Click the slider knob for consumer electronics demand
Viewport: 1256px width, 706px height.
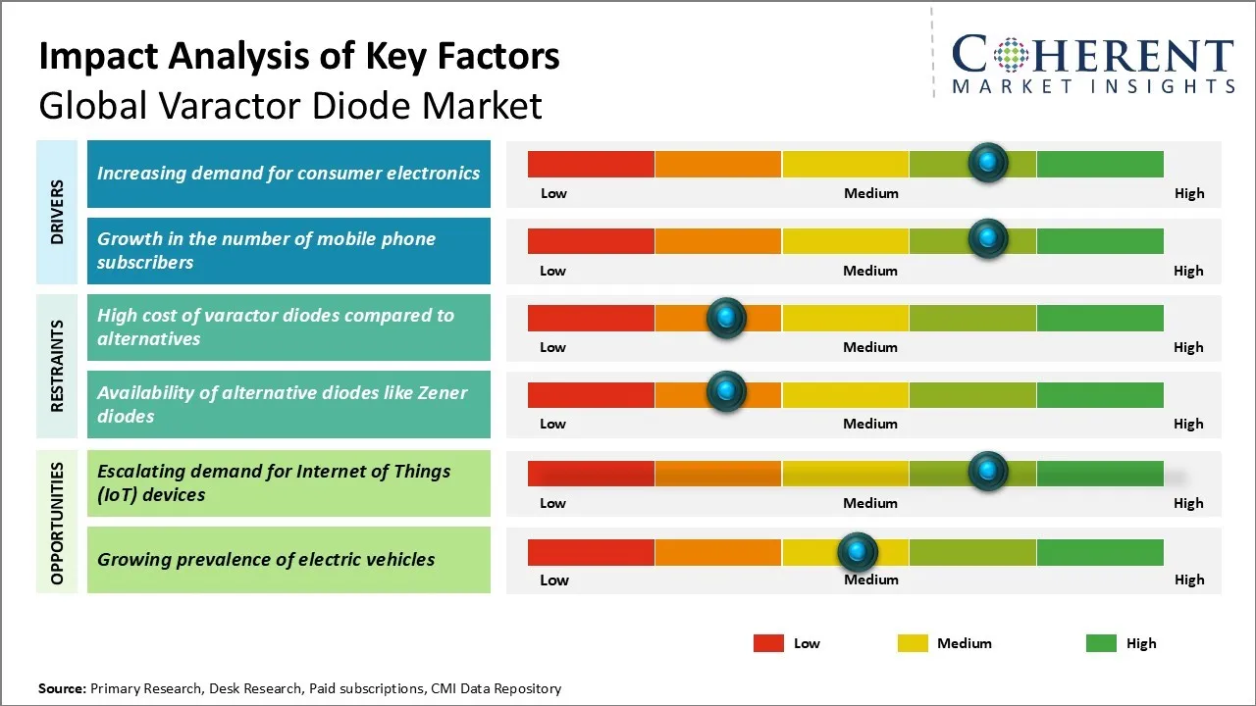[988, 162]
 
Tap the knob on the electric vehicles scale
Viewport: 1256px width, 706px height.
[858, 553]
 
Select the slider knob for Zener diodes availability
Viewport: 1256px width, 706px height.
[726, 391]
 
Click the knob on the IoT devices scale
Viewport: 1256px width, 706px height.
[988, 471]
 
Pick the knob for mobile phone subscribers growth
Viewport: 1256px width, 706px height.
[988, 238]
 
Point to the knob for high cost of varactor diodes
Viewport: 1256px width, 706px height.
[726, 317]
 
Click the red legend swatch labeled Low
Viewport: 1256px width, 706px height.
[768, 643]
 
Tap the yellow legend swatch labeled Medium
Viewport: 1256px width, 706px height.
[913, 643]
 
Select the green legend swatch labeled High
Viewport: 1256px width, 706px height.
[1101, 643]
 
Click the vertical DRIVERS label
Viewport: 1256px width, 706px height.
[58, 212]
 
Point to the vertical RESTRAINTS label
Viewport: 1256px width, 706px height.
[58, 366]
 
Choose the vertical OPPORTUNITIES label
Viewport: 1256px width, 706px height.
[58, 523]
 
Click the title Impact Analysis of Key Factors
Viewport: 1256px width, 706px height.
[299, 56]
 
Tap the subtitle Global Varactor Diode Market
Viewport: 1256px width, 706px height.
[290, 105]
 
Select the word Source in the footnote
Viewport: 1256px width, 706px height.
[61, 689]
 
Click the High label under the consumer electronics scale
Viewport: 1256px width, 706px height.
[1189, 193]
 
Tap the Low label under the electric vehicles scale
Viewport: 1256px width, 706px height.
[553, 580]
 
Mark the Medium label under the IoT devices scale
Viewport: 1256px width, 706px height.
[870, 503]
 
